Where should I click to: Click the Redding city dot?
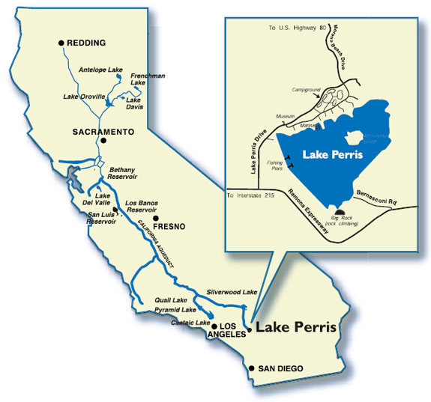(x=61, y=43)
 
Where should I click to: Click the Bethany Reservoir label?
(x=125, y=174)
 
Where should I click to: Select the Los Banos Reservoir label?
(x=142, y=207)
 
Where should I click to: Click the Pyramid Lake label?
(x=175, y=309)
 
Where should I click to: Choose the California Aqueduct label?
(x=160, y=250)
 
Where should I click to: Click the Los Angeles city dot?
(x=214, y=326)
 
